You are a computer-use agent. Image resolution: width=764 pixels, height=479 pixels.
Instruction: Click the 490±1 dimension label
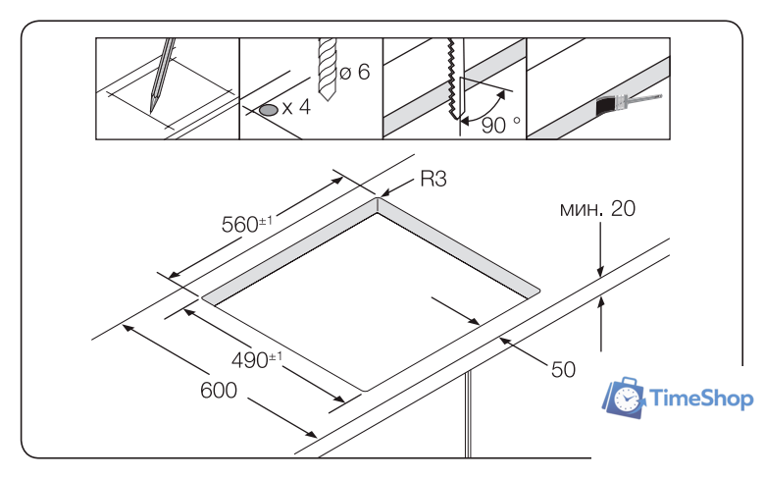point(257,359)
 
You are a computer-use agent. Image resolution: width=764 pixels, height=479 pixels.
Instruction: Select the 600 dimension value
point(220,391)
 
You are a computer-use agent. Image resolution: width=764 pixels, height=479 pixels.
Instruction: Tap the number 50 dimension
point(562,369)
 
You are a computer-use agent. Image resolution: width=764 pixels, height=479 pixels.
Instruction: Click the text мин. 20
point(597,209)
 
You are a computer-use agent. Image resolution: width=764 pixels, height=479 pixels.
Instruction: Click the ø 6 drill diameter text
point(354,75)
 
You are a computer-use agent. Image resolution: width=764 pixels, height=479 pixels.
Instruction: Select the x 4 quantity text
point(296,108)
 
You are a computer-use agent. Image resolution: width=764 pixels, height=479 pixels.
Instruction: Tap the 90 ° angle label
point(501,126)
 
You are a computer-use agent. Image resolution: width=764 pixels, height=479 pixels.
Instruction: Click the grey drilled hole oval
point(268,109)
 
